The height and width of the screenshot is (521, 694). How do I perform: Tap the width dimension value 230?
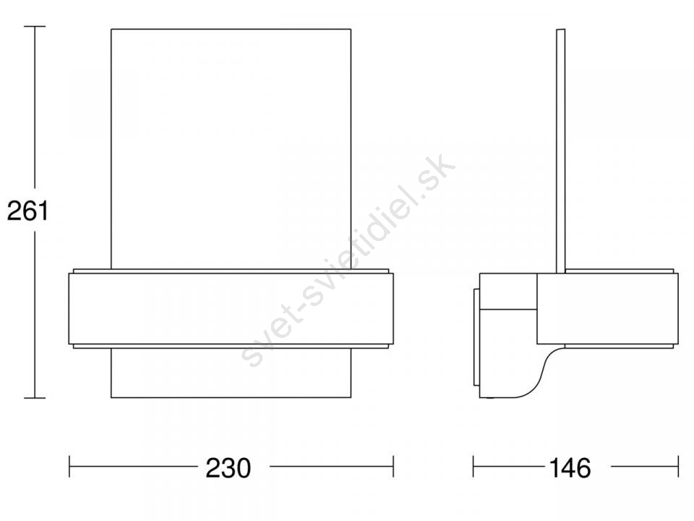tap(228, 468)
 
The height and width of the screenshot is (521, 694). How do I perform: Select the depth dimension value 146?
tap(570, 468)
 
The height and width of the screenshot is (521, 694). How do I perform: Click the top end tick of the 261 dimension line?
tap(35, 27)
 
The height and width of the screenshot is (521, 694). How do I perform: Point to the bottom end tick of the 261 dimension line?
tap(35, 398)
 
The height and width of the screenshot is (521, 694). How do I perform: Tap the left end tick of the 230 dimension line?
tap(69, 466)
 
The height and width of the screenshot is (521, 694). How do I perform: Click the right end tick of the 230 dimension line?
tap(393, 466)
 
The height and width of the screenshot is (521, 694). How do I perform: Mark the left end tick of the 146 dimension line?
tap(473, 466)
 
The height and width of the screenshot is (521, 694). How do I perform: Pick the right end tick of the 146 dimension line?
tap(678, 466)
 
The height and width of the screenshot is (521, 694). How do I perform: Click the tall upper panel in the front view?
tap(231, 149)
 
